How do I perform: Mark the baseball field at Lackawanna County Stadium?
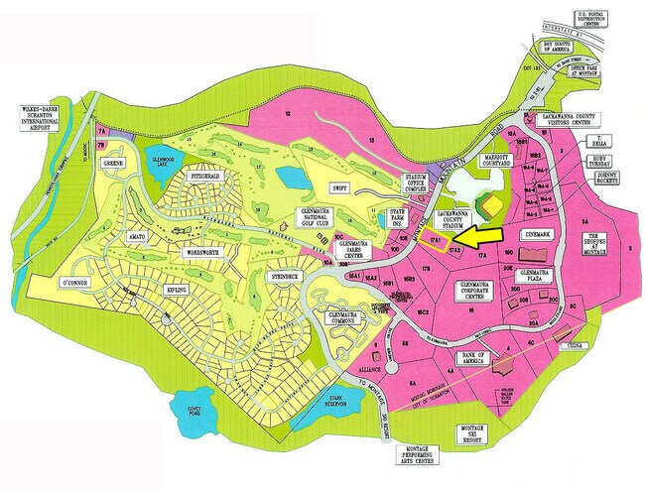(492, 204)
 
